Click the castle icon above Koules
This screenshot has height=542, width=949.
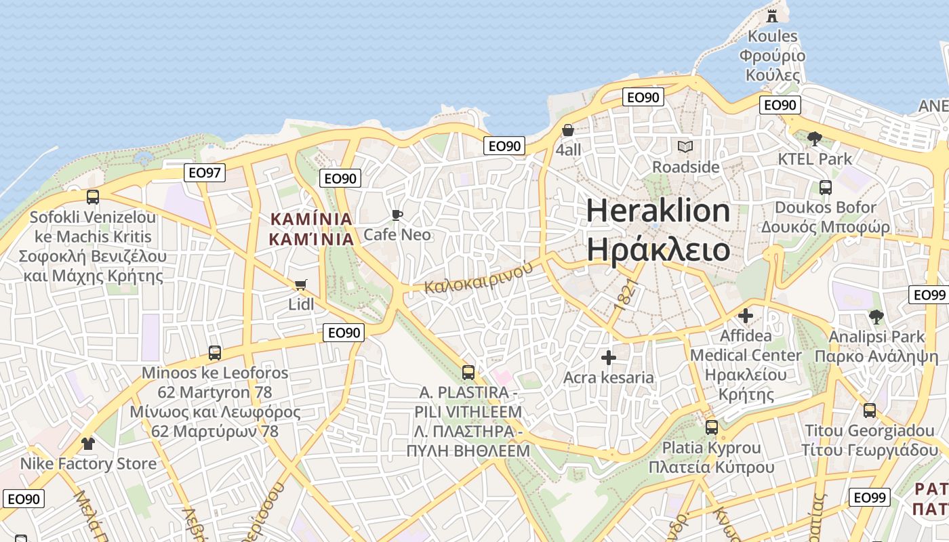click(x=772, y=16)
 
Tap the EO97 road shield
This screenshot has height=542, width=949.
click(x=205, y=173)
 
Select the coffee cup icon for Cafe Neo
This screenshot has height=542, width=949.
click(x=397, y=215)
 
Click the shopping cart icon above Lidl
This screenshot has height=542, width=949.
click(x=301, y=285)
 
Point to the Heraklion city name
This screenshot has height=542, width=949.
click(x=658, y=230)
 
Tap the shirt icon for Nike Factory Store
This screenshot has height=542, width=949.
click(x=88, y=444)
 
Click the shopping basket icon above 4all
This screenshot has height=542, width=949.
click(x=568, y=130)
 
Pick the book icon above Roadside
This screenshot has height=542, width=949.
click(x=685, y=146)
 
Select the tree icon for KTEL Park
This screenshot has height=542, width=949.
click(x=815, y=139)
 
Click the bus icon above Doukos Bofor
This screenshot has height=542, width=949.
click(x=826, y=188)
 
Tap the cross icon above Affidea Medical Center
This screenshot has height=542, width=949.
click(x=746, y=316)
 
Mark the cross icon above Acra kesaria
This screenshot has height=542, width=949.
click(x=609, y=357)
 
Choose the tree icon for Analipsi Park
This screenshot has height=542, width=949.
click(x=876, y=316)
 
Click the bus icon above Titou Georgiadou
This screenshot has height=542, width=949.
click(x=869, y=411)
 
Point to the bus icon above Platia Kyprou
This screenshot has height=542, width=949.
click(x=711, y=428)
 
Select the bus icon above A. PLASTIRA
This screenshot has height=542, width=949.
click(x=468, y=372)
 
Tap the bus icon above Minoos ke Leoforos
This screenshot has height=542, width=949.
click(x=215, y=353)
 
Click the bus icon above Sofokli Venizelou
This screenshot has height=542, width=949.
click(x=93, y=197)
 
